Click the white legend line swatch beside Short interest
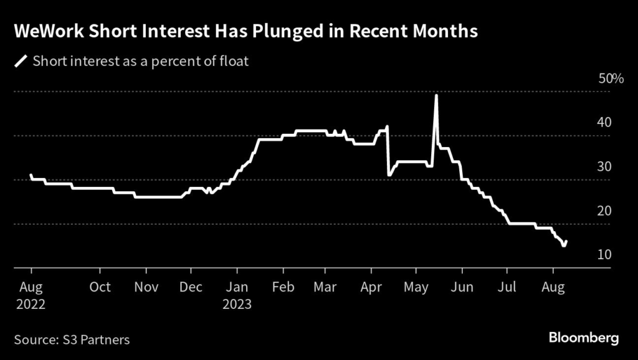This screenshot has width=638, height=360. (21, 61)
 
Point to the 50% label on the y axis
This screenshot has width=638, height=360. (611, 78)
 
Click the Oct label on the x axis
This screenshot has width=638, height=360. (100, 287)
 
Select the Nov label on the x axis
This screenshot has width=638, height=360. (146, 287)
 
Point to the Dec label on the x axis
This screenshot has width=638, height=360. (191, 287)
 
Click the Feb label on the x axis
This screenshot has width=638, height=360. (283, 287)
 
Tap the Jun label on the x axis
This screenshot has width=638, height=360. (462, 287)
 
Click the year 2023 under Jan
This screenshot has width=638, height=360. (237, 305)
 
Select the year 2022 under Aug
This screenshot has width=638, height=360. (31, 305)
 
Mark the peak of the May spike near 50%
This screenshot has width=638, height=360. (436, 95)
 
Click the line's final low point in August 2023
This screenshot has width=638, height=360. (563, 245)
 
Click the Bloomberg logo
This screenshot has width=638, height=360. (584, 338)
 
